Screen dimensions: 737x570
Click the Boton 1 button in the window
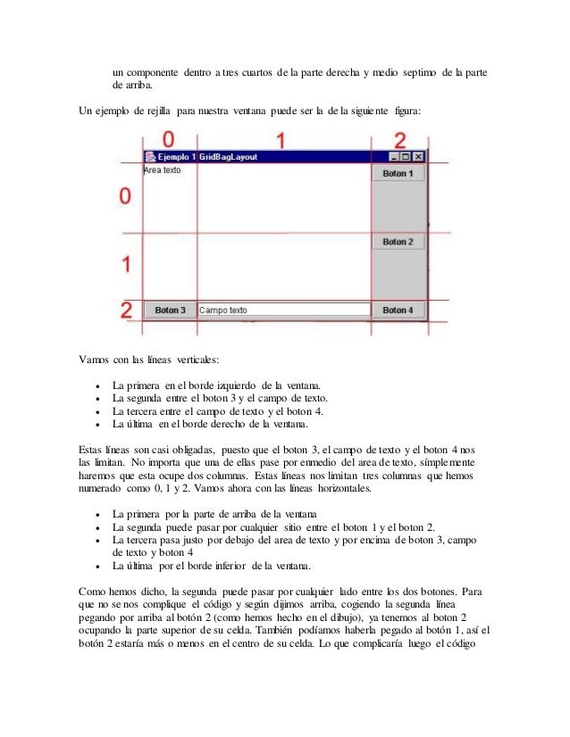pyautogui.click(x=398, y=174)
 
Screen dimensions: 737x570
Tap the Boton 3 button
pyautogui.click(x=170, y=311)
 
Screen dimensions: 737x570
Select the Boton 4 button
pyautogui.click(x=398, y=311)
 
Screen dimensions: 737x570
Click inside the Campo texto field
pyautogui.click(x=282, y=311)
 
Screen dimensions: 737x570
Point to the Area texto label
pyautogui.click(x=162, y=169)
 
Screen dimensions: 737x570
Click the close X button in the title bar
pyautogui.click(x=418, y=156)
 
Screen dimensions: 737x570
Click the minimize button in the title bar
pyautogui.click(x=394, y=156)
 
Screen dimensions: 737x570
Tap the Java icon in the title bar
pyautogui.click(x=149, y=156)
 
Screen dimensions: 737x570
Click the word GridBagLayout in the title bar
pyautogui.click(x=228, y=156)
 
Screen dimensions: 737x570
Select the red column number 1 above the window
pyautogui.click(x=280, y=139)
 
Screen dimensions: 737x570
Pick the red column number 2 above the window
pyautogui.click(x=399, y=139)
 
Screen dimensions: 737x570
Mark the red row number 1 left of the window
pyautogui.click(x=127, y=264)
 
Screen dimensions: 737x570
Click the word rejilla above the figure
pyautogui.click(x=157, y=113)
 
